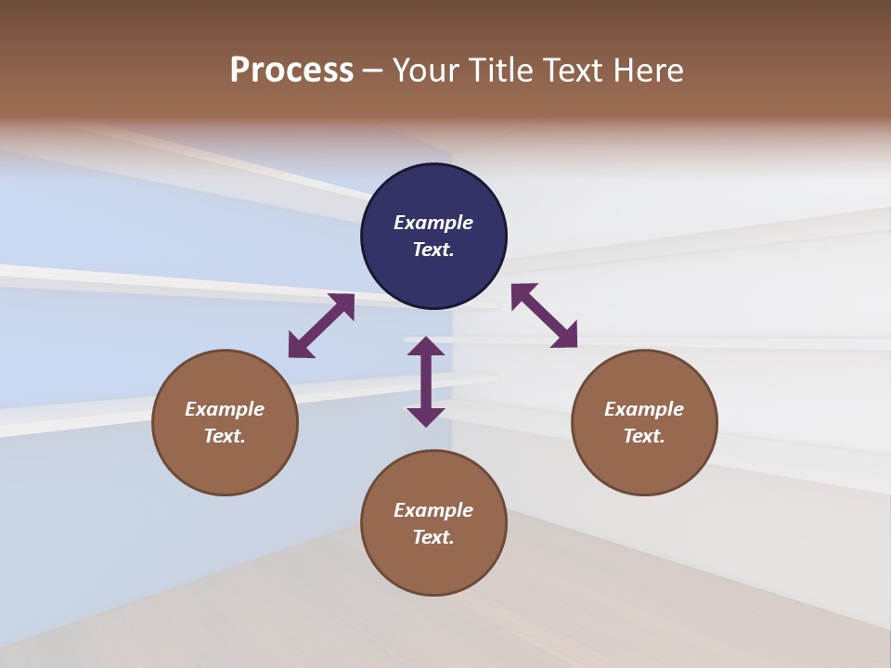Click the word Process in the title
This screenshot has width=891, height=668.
pos(291,71)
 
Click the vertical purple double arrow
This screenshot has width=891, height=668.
pos(426,381)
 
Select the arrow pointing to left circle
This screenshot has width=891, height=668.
pos(321,326)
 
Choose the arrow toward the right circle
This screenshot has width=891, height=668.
pos(544,315)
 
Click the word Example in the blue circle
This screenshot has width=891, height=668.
pos(433,223)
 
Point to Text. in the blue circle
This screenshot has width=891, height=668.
pos(433,250)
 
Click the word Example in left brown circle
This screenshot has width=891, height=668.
pos(225,409)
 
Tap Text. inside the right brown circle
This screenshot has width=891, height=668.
pos(644,436)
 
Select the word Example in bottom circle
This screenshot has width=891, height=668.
pos(433,510)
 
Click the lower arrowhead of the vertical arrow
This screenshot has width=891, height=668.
pos(426,417)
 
